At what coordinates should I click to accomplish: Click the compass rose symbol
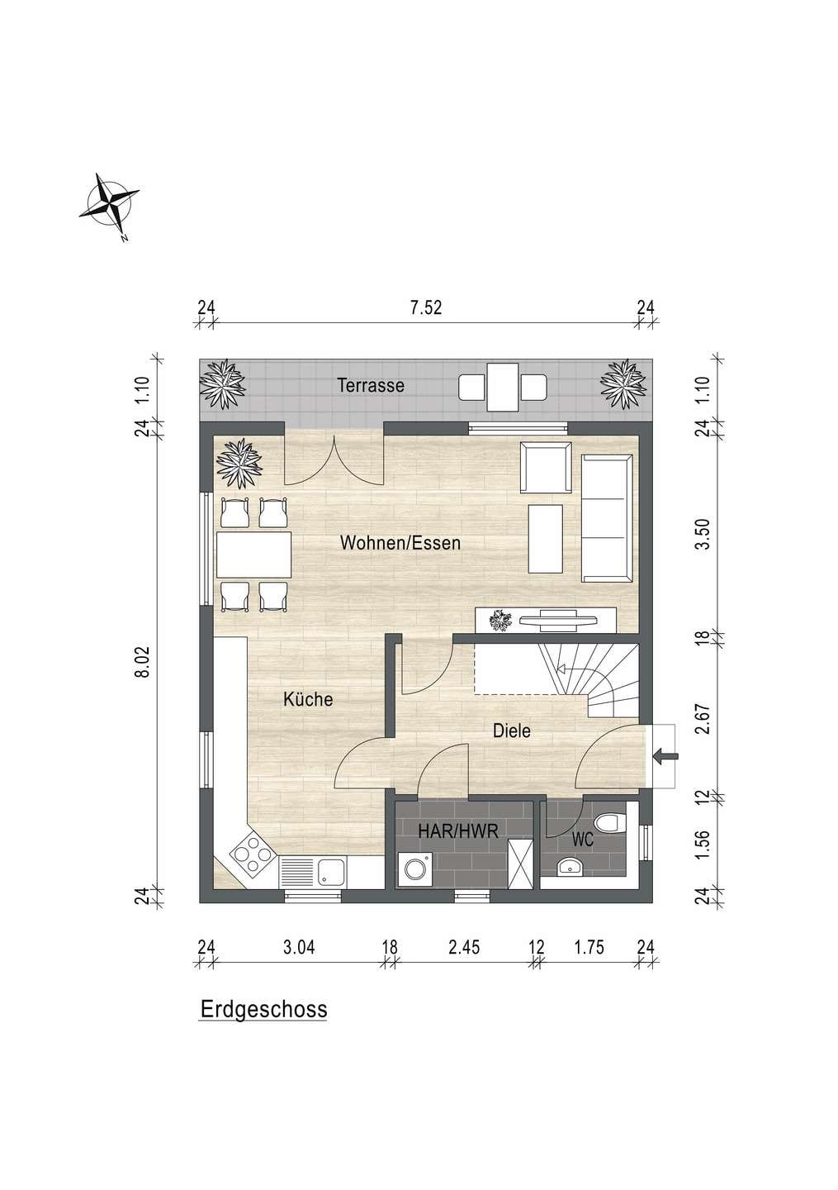pos(109,203)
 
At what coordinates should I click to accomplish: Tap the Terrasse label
pos(371,385)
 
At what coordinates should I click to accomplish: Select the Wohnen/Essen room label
pos(400,543)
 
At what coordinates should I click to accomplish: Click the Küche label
pos(308,698)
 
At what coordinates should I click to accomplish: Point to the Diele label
pos(512,731)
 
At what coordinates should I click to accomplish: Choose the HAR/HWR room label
pos(458,831)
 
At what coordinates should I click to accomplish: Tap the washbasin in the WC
pos(570,866)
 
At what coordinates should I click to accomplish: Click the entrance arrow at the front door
pos(665,755)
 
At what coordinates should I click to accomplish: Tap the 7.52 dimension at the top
pos(426,307)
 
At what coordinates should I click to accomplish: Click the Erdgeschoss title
pos(263,1009)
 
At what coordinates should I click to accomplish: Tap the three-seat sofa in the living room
pos(607,518)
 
